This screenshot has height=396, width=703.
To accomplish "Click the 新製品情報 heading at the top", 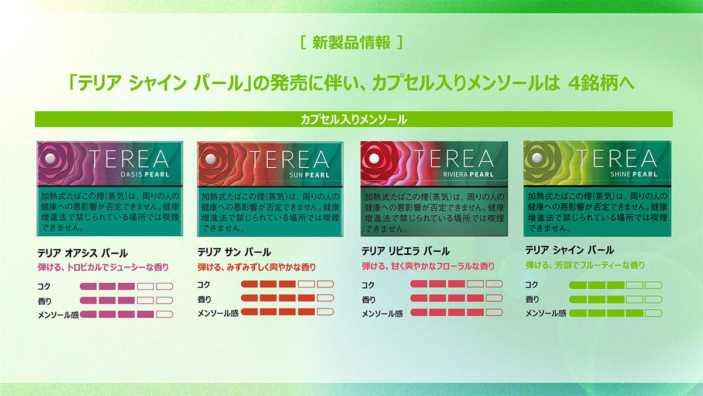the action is pos(351,42).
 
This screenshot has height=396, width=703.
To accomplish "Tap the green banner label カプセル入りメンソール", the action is pos(354,120).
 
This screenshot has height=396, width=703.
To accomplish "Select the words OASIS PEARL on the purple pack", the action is pos(145,174).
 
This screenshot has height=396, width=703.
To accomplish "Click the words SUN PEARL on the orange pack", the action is pos(309,175).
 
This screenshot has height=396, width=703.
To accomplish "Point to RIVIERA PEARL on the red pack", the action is pos(468,174).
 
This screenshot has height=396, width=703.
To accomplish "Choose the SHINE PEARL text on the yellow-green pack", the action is pos(634,174).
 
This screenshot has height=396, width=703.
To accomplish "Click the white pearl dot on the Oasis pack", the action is pos(50,159).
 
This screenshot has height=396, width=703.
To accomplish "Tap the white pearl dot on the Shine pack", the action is pos(537,157).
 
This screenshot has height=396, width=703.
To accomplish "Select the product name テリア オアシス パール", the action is pos(83,253).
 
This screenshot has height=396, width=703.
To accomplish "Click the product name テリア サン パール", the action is pos(234,252).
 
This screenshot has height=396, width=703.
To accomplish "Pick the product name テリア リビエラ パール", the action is pos(406,251).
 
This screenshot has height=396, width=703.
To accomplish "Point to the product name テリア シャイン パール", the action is pos(569,250).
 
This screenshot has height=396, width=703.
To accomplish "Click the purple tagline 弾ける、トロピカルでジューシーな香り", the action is pos(103,268).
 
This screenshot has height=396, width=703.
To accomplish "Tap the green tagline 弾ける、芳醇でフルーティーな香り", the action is pos(585,266).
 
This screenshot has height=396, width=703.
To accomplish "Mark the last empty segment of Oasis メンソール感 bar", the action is pos(165,314).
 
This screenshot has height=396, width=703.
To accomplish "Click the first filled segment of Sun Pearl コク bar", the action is pos(249,284).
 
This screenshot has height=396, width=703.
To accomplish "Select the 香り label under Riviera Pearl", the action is pos(368,300).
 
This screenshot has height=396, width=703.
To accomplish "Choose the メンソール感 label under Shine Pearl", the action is pos(546,313).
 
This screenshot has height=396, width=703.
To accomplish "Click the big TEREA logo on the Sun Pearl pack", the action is pos(289,160).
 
